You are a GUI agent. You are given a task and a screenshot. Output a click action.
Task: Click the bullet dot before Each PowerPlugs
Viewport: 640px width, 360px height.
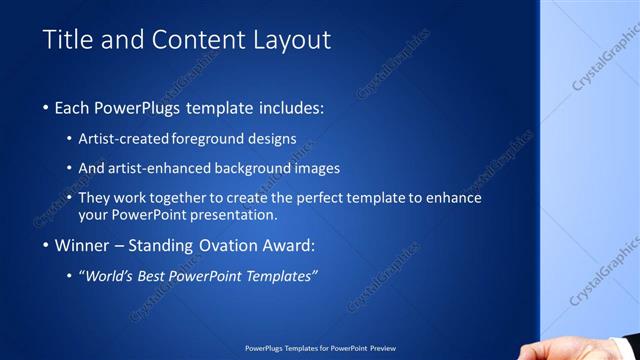click(x=47, y=107)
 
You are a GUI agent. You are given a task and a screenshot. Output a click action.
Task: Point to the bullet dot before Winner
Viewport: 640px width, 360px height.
click(x=47, y=245)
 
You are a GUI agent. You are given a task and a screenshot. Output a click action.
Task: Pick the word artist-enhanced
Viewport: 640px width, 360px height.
click(x=170, y=168)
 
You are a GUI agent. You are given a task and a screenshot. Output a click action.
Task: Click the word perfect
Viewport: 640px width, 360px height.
click(x=322, y=198)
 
